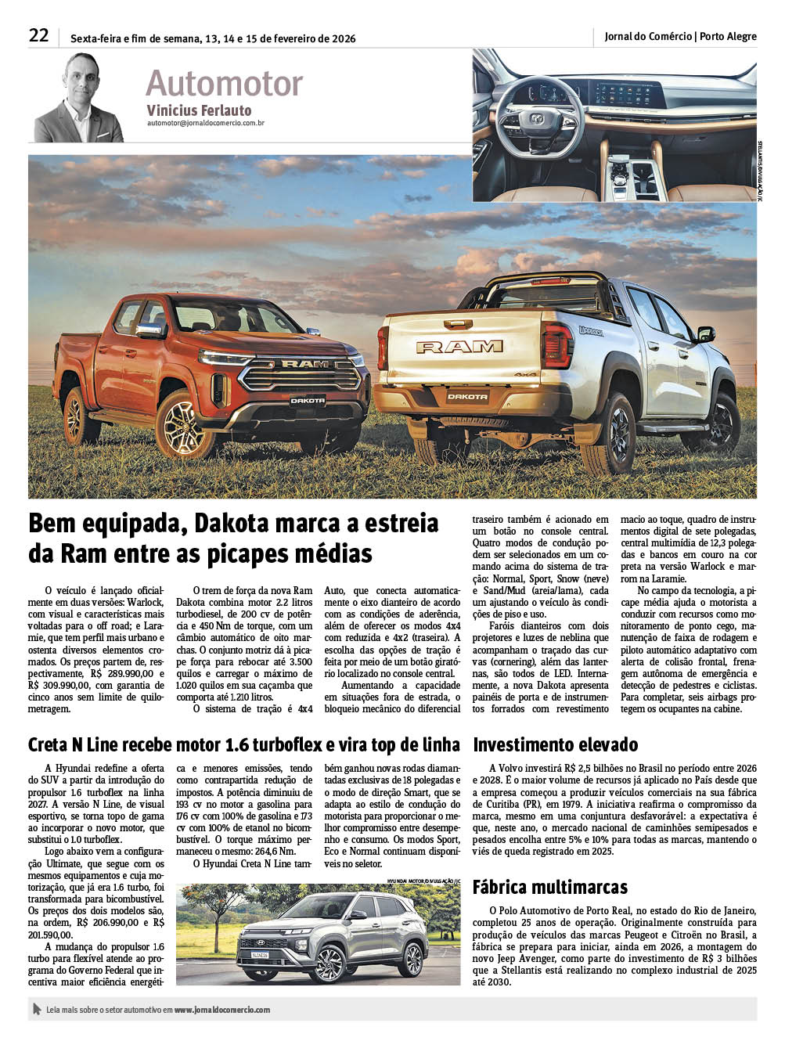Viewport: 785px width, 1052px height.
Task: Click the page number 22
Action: (x=39, y=35)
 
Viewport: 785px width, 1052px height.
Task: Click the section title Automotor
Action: (x=224, y=83)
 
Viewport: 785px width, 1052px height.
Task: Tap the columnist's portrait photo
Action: (x=78, y=98)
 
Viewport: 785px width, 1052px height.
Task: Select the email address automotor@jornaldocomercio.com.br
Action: (x=205, y=123)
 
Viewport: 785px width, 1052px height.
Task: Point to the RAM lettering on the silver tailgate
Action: (x=459, y=346)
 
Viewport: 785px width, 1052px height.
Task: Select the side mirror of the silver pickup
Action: (x=705, y=334)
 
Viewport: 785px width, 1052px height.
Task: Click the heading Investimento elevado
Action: (x=555, y=744)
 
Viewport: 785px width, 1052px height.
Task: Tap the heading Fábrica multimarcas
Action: (x=549, y=887)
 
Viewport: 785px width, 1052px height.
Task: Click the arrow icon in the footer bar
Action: (x=36, y=1009)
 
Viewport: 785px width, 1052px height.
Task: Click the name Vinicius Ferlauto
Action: (x=199, y=110)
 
